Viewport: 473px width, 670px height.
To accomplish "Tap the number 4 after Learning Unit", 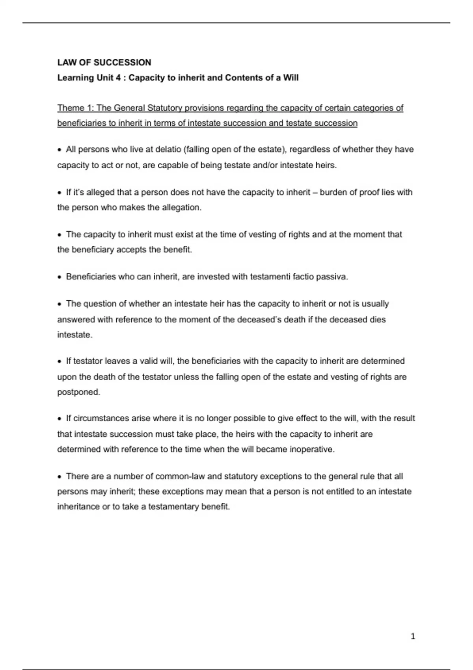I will tap(118, 78).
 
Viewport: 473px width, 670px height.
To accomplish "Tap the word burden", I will tap(334, 192).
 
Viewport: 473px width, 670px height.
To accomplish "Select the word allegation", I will tap(181, 208).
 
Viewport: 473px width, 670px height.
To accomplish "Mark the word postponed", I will tap(78, 392).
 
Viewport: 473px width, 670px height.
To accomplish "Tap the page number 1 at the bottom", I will tap(413, 636).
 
